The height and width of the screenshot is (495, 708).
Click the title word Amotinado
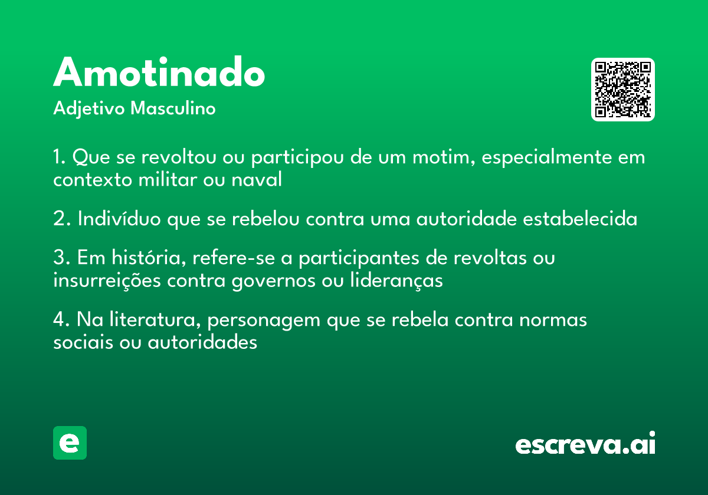pyautogui.click(x=159, y=72)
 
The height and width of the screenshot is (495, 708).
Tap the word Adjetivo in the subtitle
pyautogui.click(x=89, y=109)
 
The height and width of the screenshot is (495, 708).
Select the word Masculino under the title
pyautogui.click(x=173, y=108)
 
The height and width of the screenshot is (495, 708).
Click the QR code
pyautogui.click(x=623, y=90)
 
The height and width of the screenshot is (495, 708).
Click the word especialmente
pyautogui.click(x=547, y=157)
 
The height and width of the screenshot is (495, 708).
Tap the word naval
pyautogui.click(x=256, y=179)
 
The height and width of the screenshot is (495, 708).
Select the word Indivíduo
pyautogui.click(x=119, y=218)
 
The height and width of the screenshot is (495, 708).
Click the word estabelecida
pyautogui.click(x=580, y=218)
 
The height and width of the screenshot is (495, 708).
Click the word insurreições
pyautogui.click(x=107, y=280)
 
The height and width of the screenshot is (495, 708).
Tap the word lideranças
pyautogui.click(x=396, y=280)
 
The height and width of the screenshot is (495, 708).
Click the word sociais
pyautogui.click(x=83, y=342)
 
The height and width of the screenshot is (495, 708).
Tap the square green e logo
pyautogui.click(x=70, y=443)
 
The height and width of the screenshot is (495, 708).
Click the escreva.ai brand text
pyautogui.click(x=585, y=443)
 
